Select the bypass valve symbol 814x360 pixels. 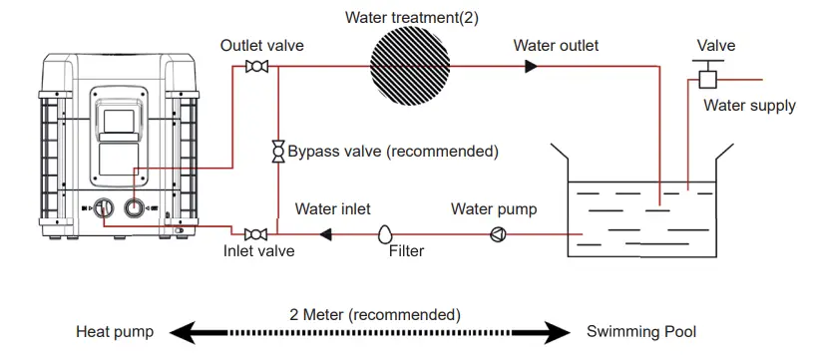point(277,152)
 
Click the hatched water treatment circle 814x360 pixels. point(411,66)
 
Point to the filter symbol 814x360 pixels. point(385,234)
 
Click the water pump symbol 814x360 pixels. point(496,234)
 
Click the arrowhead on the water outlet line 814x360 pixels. point(531,67)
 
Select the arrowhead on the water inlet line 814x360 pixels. point(325,234)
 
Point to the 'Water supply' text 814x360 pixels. point(749,106)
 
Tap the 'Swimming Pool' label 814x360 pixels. point(641,332)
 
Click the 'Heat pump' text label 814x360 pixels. point(115,332)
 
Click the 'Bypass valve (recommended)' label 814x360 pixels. point(392,152)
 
